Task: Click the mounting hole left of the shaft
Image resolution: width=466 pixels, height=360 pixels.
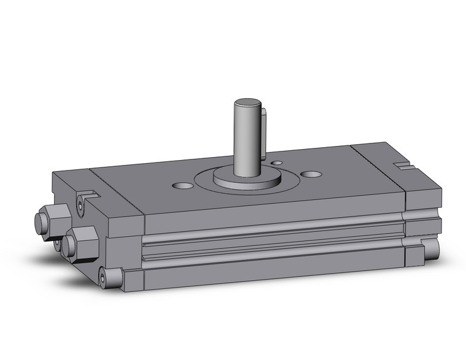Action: pyautogui.click(x=182, y=185)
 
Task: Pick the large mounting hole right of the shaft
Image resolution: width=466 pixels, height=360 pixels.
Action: pyautogui.click(x=311, y=174)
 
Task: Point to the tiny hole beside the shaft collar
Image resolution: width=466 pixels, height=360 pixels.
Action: pyautogui.click(x=277, y=163)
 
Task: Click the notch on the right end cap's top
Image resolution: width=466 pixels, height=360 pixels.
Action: pyautogui.click(x=403, y=165)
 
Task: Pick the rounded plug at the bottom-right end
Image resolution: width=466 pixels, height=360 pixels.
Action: pyautogui.click(x=432, y=248)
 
